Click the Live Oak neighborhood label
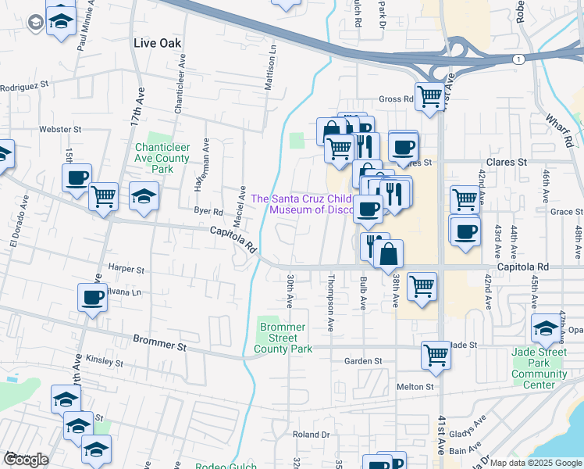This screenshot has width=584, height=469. pyautogui.click(x=157, y=43)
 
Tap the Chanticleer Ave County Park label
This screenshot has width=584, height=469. pyautogui.click(x=162, y=158)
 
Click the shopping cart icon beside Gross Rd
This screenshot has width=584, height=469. pyautogui.click(x=429, y=98)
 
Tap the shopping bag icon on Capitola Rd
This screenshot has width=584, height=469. pyautogui.click(x=388, y=254)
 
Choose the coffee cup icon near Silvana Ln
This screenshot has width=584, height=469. pyautogui.click(x=92, y=298)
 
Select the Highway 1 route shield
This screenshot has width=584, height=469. pyautogui.click(x=518, y=59)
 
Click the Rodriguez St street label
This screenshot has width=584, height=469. pyautogui.click(x=25, y=85)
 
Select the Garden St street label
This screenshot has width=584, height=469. pyautogui.click(x=363, y=361)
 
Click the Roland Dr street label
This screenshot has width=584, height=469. pyautogui.click(x=311, y=435)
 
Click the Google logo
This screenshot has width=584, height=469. pyautogui.click(x=26, y=460)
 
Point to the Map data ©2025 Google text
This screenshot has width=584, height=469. pyautogui.click(x=535, y=463)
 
